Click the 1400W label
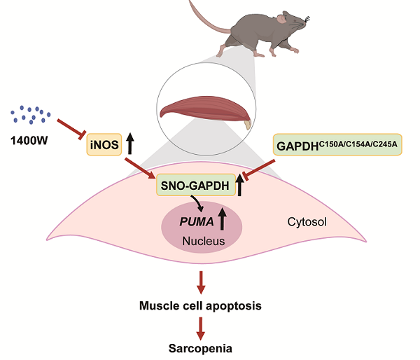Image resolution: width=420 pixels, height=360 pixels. coord(30,139)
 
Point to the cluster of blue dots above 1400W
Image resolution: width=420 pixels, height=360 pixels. coord(31,113)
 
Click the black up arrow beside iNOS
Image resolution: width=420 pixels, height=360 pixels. coord(131,145)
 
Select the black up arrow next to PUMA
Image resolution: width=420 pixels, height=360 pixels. coord(223,219)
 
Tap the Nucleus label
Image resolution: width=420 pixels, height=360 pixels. coord(202,242)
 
